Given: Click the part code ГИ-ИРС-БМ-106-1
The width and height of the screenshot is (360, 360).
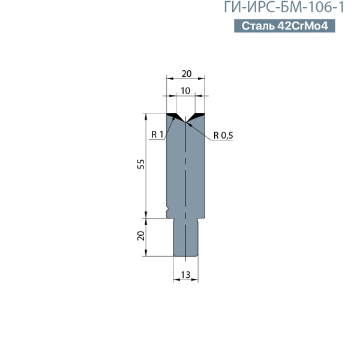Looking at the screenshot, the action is [x=284, y=7].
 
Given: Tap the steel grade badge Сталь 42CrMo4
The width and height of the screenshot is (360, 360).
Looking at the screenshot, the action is [x=284, y=26].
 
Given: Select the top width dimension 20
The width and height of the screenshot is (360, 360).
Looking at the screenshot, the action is [x=187, y=74].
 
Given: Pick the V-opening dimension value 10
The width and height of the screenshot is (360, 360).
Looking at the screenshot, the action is [x=185, y=91].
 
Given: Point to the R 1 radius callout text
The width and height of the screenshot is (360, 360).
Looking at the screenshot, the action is [x=157, y=134].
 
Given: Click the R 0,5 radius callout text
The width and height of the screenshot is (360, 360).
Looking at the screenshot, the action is [x=223, y=136].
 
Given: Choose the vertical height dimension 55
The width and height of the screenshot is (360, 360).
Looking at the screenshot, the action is [x=141, y=164].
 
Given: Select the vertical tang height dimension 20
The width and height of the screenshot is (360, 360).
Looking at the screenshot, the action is [x=141, y=236].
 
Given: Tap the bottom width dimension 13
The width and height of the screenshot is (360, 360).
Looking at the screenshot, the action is [x=185, y=275].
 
